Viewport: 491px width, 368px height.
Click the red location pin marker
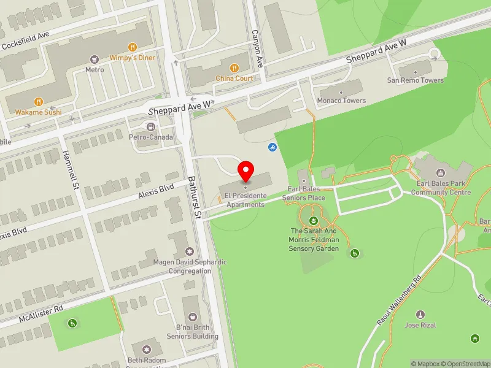(246, 170)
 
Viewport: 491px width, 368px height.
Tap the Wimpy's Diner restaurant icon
(132, 47)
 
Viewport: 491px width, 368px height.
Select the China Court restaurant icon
(234, 68)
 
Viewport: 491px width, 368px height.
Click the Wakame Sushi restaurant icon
(38, 102)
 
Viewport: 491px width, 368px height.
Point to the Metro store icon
(94, 59)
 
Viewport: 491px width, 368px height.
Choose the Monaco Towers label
(341, 101)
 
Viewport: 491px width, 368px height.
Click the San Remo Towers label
(415, 80)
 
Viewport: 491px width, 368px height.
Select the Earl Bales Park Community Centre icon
(439, 173)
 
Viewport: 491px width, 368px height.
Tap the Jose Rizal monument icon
(420, 315)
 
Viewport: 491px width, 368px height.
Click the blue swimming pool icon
(272, 147)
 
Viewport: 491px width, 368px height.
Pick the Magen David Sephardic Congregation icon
(190, 251)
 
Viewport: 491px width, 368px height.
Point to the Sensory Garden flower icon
(314, 220)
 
